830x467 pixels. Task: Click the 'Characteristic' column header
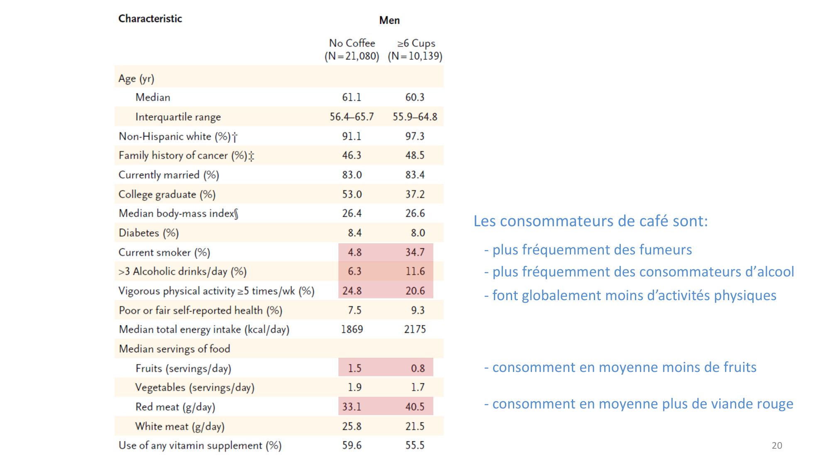coord(150,19)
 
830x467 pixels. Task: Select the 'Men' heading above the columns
coord(389,20)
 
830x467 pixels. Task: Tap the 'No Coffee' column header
coord(352,43)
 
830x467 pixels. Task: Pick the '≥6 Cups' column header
coord(416,43)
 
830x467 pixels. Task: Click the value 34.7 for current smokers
coord(415,252)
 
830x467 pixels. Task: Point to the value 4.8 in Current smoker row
coord(354,252)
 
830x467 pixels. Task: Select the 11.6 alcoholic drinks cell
coord(415,271)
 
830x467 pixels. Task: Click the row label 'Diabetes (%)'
coord(149,233)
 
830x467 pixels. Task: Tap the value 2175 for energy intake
coord(415,330)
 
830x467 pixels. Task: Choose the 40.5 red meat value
coord(415,407)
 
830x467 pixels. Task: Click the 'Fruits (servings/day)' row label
coord(183,369)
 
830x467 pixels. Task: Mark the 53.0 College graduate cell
coord(352,194)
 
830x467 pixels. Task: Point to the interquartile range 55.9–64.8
coord(415,117)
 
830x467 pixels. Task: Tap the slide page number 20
coord(777,446)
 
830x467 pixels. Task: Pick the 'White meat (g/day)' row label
coord(180,427)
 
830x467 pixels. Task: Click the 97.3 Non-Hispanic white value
coord(415,137)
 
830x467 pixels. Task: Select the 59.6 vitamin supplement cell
coord(352,445)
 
